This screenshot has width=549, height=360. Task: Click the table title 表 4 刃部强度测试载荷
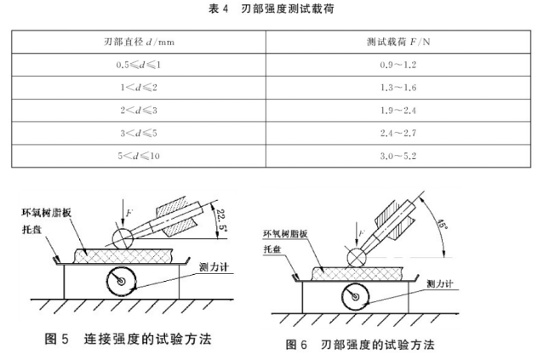click(271, 9)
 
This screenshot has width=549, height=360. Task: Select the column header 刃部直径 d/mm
click(139, 42)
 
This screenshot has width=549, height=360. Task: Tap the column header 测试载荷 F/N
click(398, 42)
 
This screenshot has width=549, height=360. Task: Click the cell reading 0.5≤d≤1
click(139, 65)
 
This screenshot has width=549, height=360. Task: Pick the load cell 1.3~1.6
click(398, 88)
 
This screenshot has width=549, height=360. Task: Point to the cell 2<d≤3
click(139, 111)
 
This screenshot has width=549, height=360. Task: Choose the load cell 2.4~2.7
click(398, 133)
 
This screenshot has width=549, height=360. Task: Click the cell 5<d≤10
click(139, 156)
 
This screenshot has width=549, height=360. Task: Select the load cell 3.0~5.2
click(398, 156)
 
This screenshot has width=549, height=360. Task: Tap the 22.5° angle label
click(221, 220)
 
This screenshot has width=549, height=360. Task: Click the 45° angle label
click(442, 224)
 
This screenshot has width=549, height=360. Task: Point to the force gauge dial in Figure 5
click(121, 282)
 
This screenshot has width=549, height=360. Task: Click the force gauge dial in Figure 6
click(356, 297)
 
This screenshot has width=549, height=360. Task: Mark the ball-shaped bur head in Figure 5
click(123, 238)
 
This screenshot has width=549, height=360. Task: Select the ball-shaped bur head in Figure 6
click(357, 258)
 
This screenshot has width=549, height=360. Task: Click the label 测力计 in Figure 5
click(214, 267)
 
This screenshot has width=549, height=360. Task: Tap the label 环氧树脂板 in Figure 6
click(285, 233)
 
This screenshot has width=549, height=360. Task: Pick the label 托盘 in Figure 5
click(31, 230)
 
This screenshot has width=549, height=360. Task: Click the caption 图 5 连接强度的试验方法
click(129, 339)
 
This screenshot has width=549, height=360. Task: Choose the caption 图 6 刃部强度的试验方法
click(360, 345)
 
